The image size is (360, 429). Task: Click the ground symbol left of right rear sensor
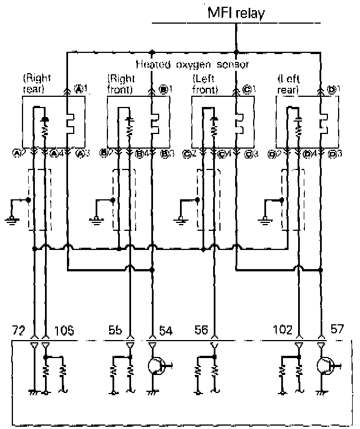pos(12,218)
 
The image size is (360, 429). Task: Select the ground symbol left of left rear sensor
pos(264,218)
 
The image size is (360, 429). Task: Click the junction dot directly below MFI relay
pos(236,53)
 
